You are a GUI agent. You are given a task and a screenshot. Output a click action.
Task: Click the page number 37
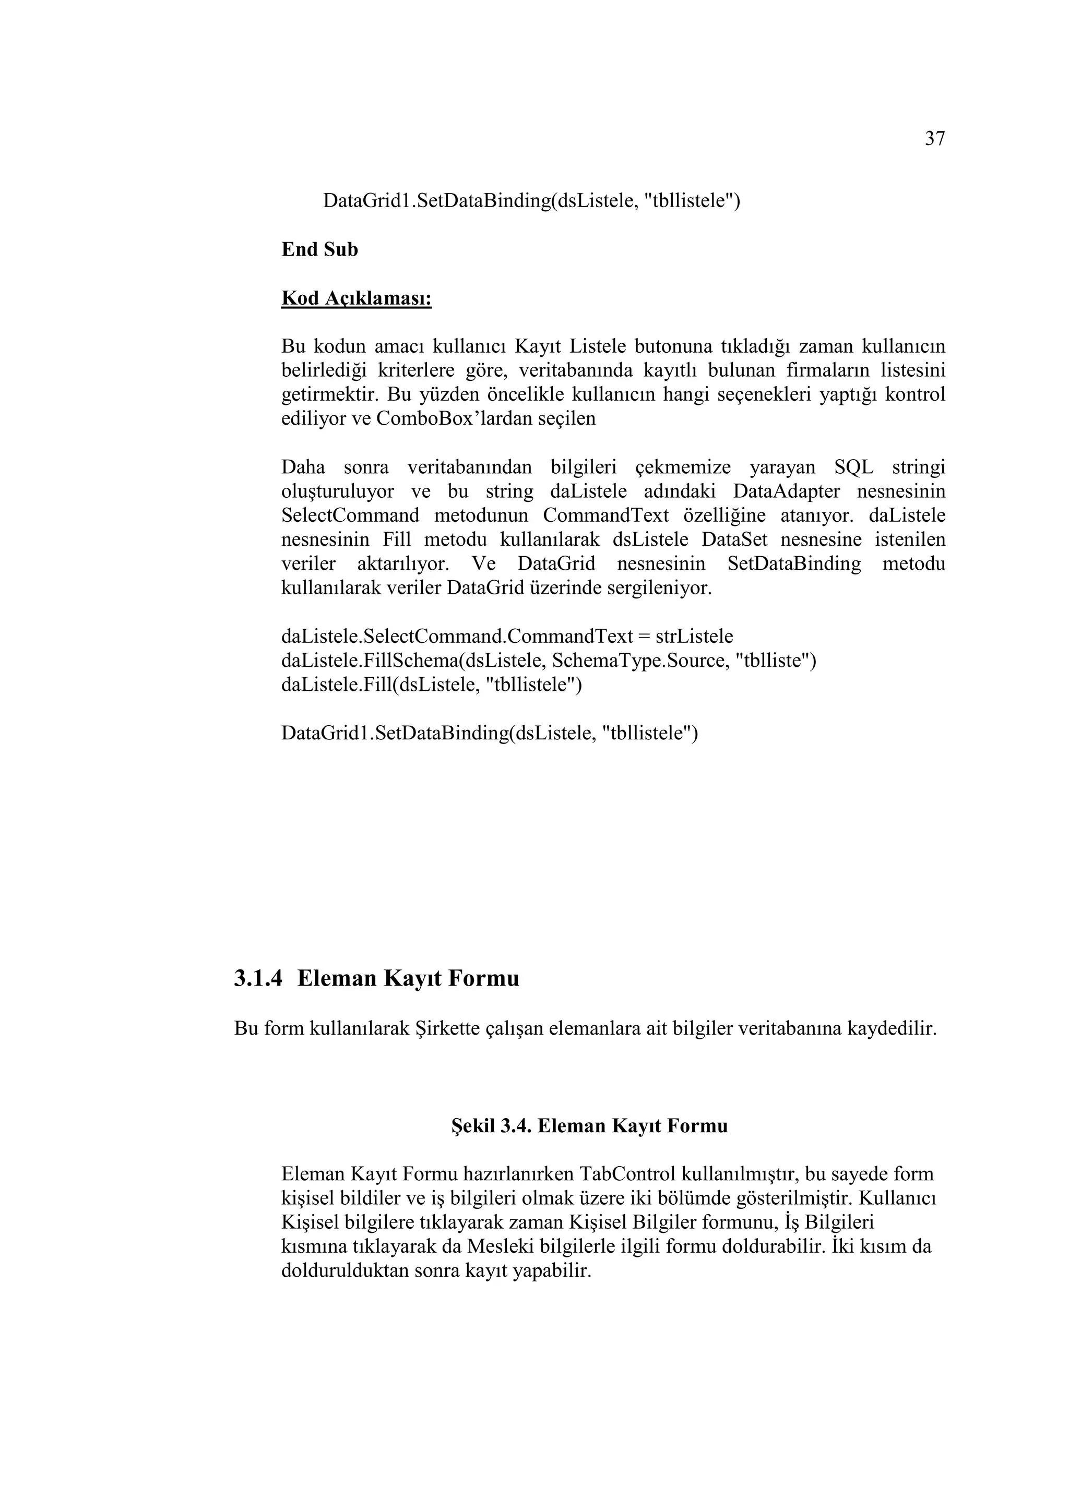click(x=935, y=139)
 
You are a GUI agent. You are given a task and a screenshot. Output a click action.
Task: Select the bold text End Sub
click(x=319, y=249)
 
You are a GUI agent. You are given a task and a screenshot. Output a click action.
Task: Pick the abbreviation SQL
click(x=854, y=467)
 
